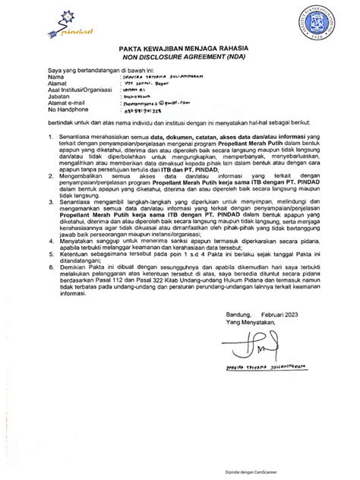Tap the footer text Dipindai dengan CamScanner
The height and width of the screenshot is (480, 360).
pos(308,469)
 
